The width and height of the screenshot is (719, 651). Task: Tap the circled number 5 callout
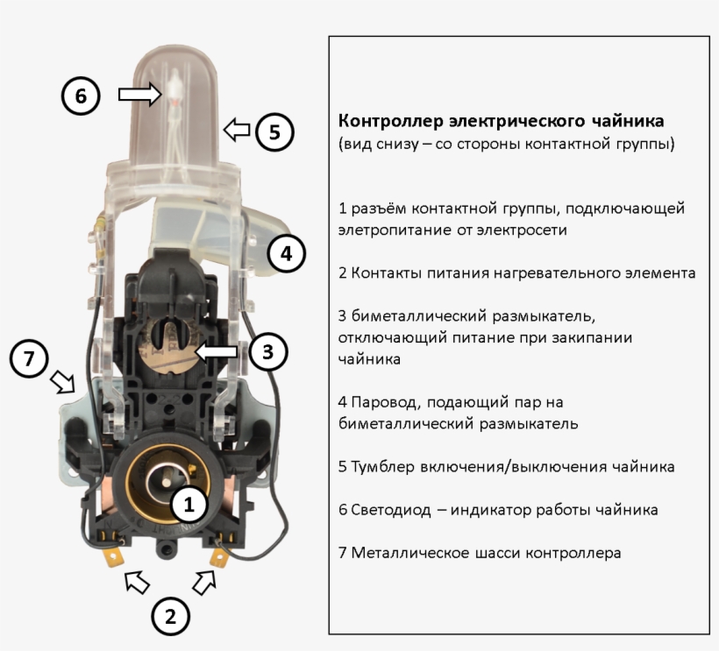274,132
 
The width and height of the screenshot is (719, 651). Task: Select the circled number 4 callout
286,254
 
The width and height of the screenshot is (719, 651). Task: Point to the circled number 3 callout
268,351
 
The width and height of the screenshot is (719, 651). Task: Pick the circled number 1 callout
190,504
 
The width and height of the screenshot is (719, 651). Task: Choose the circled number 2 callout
170,616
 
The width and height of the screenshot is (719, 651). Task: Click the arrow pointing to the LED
139,94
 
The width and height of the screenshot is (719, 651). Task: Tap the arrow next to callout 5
237,131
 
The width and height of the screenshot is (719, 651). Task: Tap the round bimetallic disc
167,343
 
